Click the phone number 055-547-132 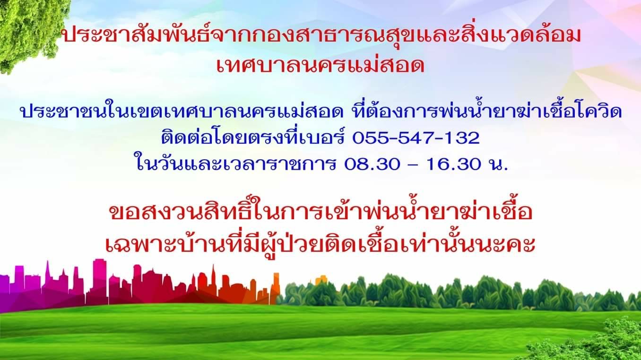coord(416,138)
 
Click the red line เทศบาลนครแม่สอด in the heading coord(320,65)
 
